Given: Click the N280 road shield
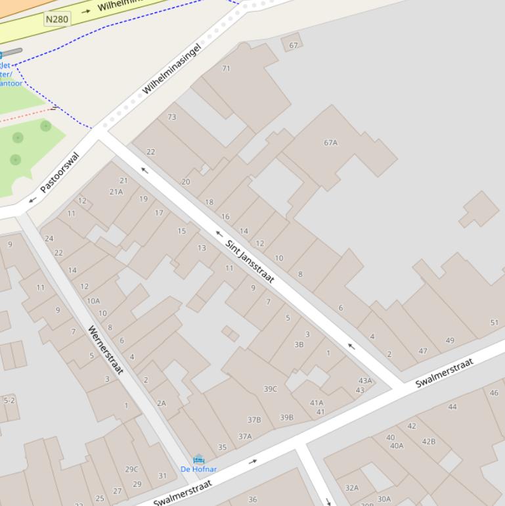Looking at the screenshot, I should pyautogui.click(x=57, y=19).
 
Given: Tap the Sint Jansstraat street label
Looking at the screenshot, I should pyautogui.click(x=250, y=262).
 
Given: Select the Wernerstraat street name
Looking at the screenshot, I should pyautogui.click(x=106, y=350).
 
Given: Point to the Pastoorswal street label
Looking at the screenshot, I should pyautogui.click(x=59, y=172).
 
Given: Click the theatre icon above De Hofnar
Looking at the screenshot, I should pyautogui.click(x=198, y=459).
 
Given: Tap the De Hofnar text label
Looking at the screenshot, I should pyautogui.click(x=198, y=469).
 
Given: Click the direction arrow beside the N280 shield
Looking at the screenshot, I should pyautogui.click(x=86, y=11).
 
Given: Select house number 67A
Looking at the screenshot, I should pyautogui.click(x=330, y=143).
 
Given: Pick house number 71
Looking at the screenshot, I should pyautogui.click(x=227, y=68).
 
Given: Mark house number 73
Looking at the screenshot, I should pyautogui.click(x=172, y=117).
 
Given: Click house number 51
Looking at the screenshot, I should pyautogui.click(x=494, y=323).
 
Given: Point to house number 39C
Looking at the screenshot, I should pyautogui.click(x=271, y=389).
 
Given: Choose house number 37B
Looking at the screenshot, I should pyautogui.click(x=254, y=419).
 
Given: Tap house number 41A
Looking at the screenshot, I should pyautogui.click(x=317, y=403).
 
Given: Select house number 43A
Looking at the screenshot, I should pyautogui.click(x=365, y=380).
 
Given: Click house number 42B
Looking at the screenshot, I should pyautogui.click(x=429, y=442).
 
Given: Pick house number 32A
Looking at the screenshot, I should pyautogui.click(x=352, y=488).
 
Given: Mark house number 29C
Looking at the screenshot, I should pyautogui.click(x=131, y=469).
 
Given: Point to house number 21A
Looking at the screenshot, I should pyautogui.click(x=116, y=192).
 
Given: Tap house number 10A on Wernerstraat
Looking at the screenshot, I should pyautogui.click(x=93, y=301).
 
